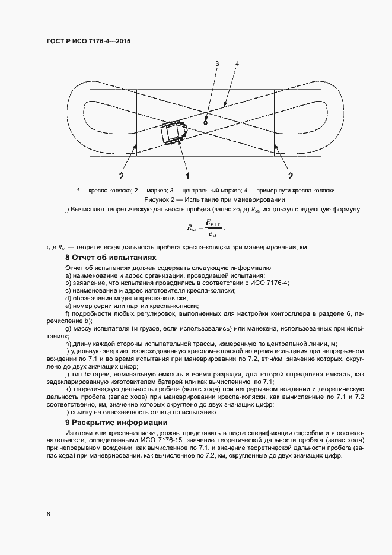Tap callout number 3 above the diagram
coord(217,64)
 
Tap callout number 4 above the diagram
coord(237,64)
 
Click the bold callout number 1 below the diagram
coord(187,176)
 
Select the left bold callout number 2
coord(120,176)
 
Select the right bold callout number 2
coord(291,176)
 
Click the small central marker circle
coord(205,122)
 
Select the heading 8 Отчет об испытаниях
coord(110,258)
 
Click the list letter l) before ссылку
coord(67,413)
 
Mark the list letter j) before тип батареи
coord(67,374)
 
